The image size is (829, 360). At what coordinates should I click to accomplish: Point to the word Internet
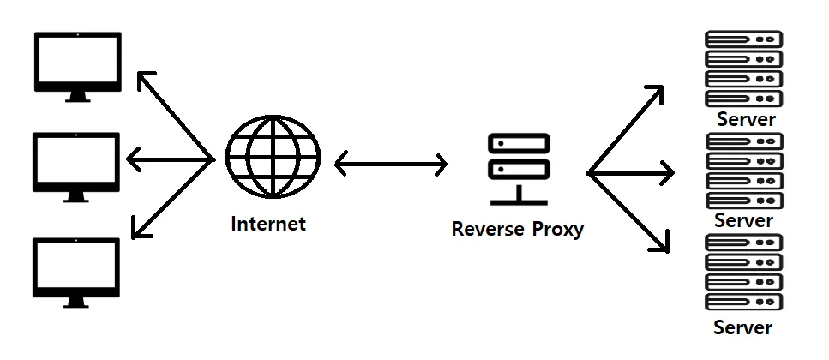click(268, 225)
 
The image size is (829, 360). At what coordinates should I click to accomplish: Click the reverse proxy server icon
click(519, 169)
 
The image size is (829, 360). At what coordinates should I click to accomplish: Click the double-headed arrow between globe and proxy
click(390, 163)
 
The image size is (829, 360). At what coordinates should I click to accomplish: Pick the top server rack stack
click(743, 69)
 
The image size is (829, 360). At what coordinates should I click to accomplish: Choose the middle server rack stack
click(743, 170)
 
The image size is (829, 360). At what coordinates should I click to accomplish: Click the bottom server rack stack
click(743, 272)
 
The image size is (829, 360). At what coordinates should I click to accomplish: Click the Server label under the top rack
click(746, 119)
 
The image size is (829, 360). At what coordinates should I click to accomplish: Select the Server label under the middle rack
click(743, 220)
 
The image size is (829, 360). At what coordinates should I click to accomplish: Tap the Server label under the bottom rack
click(743, 327)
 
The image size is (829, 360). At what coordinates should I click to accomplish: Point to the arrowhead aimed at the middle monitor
click(132, 159)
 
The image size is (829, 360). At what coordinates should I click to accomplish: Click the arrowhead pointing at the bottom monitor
click(137, 230)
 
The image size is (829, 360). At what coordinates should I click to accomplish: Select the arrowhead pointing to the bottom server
click(662, 246)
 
